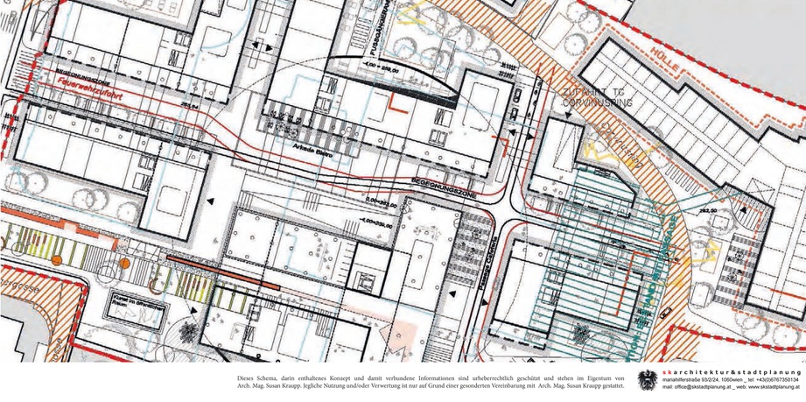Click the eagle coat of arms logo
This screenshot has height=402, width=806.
(x=648, y=379)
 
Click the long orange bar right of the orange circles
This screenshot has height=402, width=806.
(x=222, y=272)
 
